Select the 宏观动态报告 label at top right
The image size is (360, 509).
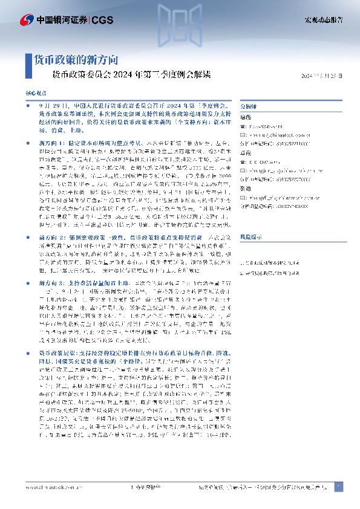[323, 21]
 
